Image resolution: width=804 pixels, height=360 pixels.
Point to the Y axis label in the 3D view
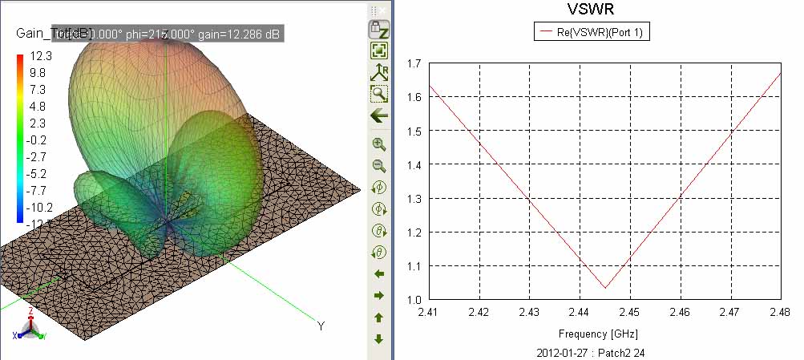[x=321, y=326]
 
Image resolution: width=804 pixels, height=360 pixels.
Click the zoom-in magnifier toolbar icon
[x=379, y=145]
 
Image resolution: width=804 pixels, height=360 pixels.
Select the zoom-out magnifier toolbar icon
[x=379, y=167]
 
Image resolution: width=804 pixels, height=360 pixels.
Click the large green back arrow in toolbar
[x=379, y=115]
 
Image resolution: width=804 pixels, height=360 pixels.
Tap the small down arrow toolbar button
[x=379, y=339]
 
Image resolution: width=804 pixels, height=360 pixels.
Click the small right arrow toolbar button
[x=379, y=296]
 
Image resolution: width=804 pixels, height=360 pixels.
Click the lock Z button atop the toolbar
[x=379, y=30]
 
